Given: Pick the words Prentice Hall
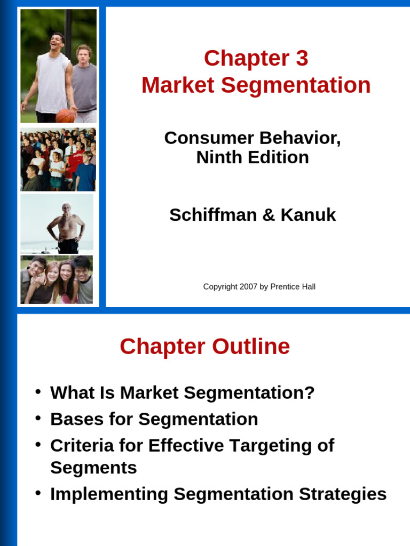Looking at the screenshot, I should (x=293, y=287).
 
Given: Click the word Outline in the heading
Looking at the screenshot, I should (x=250, y=347).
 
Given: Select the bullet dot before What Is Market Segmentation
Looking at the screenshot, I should (x=38, y=392).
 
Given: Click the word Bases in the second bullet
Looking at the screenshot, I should (x=73, y=419).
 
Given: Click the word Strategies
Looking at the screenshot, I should (x=342, y=494).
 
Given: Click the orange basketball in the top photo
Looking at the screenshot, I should (x=65, y=115).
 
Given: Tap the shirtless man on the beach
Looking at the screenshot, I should (x=66, y=227).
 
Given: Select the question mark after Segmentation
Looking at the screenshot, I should (x=309, y=393).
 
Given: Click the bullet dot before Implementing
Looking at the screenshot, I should (x=38, y=493).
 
